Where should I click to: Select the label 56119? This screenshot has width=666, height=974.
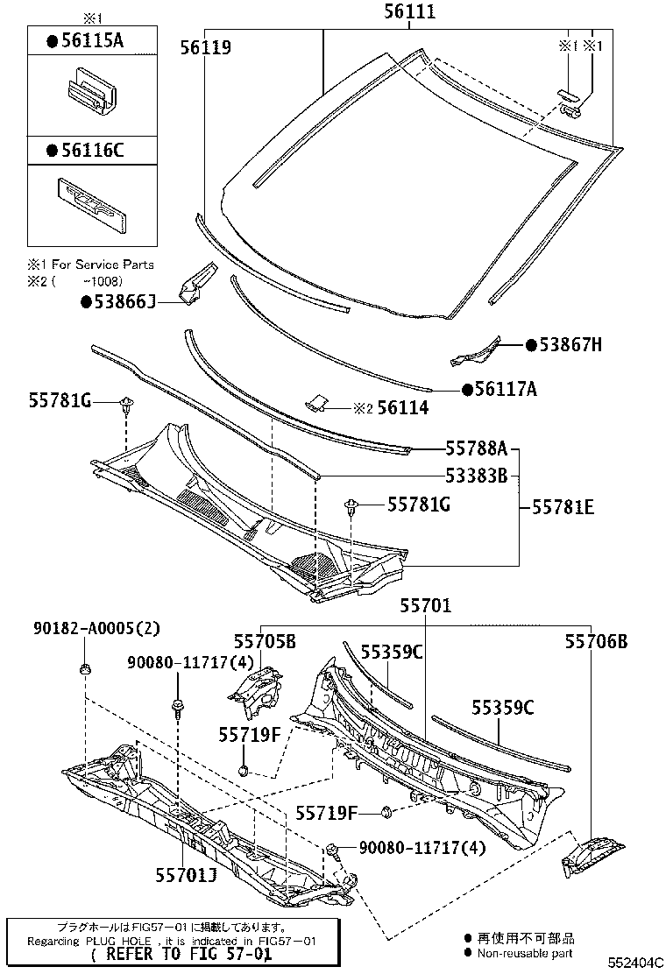(206, 48)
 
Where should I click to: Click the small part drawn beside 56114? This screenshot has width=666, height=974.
(318, 404)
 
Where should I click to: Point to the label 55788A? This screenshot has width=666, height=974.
(477, 449)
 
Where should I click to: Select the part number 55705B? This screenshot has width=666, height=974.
(264, 642)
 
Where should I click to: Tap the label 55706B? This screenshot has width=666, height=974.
(596, 642)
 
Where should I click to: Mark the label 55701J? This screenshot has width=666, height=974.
(186, 872)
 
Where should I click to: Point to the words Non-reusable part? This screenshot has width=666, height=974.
(525, 952)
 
